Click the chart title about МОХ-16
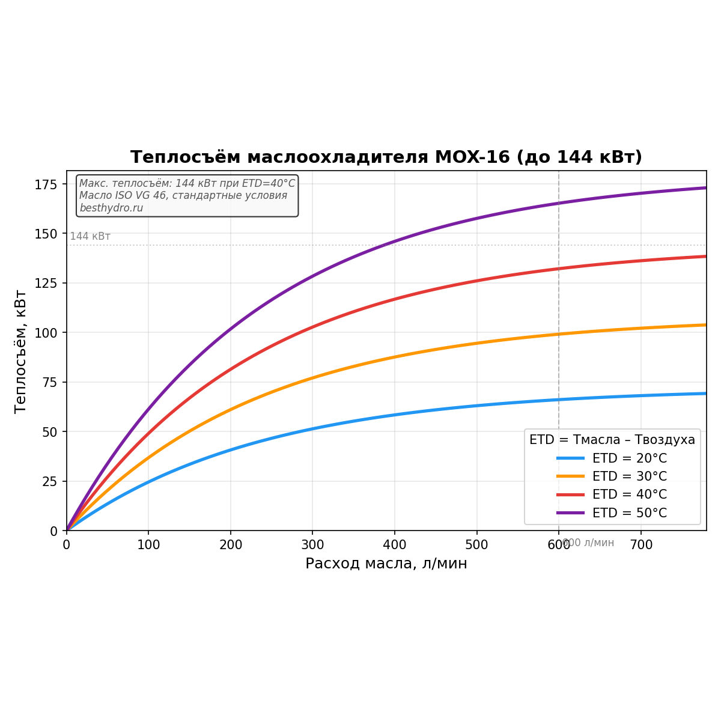(386, 157)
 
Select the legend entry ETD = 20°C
(629, 458)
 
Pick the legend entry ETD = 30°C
(629, 476)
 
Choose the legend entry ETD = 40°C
(629, 494)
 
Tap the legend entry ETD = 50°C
(629, 513)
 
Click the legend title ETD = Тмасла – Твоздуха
(612, 440)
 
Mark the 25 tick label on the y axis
(53, 481)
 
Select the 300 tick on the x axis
(312, 545)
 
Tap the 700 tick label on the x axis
(640, 545)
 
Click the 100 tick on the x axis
(148, 545)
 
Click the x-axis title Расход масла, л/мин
(386, 564)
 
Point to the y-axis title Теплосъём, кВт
(20, 351)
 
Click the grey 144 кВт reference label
(90, 237)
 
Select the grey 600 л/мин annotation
(589, 543)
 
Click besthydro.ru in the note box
(111, 208)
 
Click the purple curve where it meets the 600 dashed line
(559, 203)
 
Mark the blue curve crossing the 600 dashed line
(559, 400)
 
